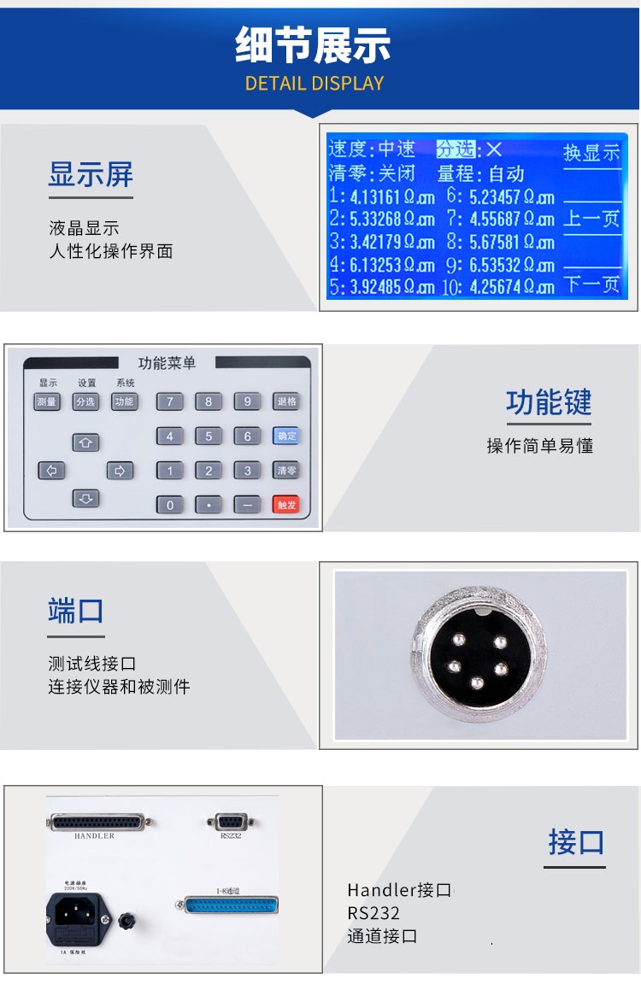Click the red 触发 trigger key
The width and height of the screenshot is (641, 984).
tap(286, 504)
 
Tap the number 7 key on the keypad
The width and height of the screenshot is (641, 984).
tap(169, 401)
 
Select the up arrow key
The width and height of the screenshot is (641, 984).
tap(86, 442)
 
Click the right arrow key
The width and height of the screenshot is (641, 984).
tap(120, 470)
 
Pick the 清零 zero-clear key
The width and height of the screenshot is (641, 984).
tap(286, 470)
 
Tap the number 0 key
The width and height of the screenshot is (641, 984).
tap(169, 504)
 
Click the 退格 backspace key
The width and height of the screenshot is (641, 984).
tap(286, 401)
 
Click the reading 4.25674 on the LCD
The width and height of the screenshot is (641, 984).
tap(499, 287)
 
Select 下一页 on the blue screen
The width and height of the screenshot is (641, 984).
tap(592, 284)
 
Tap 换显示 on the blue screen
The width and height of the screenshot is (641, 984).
tap(591, 154)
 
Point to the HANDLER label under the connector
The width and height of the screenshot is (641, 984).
tap(94, 836)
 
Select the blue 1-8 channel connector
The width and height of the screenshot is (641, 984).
tap(231, 905)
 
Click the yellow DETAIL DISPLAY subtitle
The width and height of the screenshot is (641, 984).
tap(315, 84)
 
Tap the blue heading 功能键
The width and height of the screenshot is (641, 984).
tap(549, 402)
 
